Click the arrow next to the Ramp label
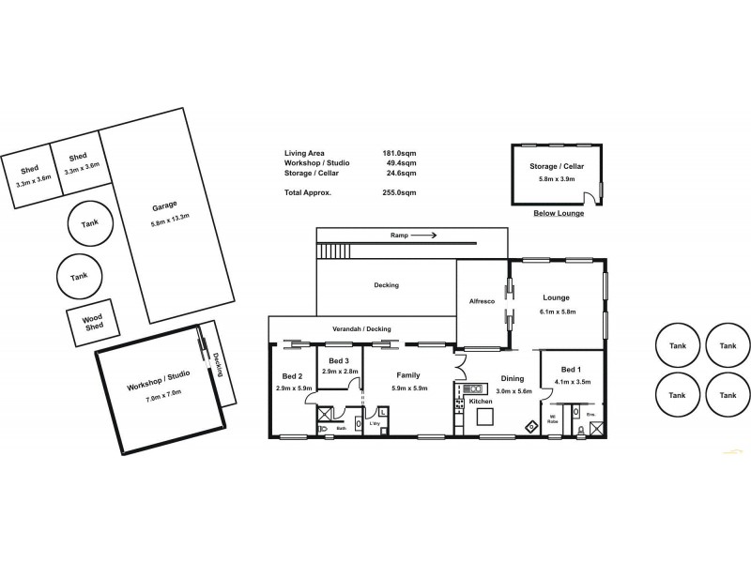point(422,236)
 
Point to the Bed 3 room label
point(339,361)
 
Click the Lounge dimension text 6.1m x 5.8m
point(558,311)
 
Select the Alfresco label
point(482,301)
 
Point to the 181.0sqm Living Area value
point(401,154)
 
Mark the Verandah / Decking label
point(360,328)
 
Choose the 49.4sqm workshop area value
point(403,163)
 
